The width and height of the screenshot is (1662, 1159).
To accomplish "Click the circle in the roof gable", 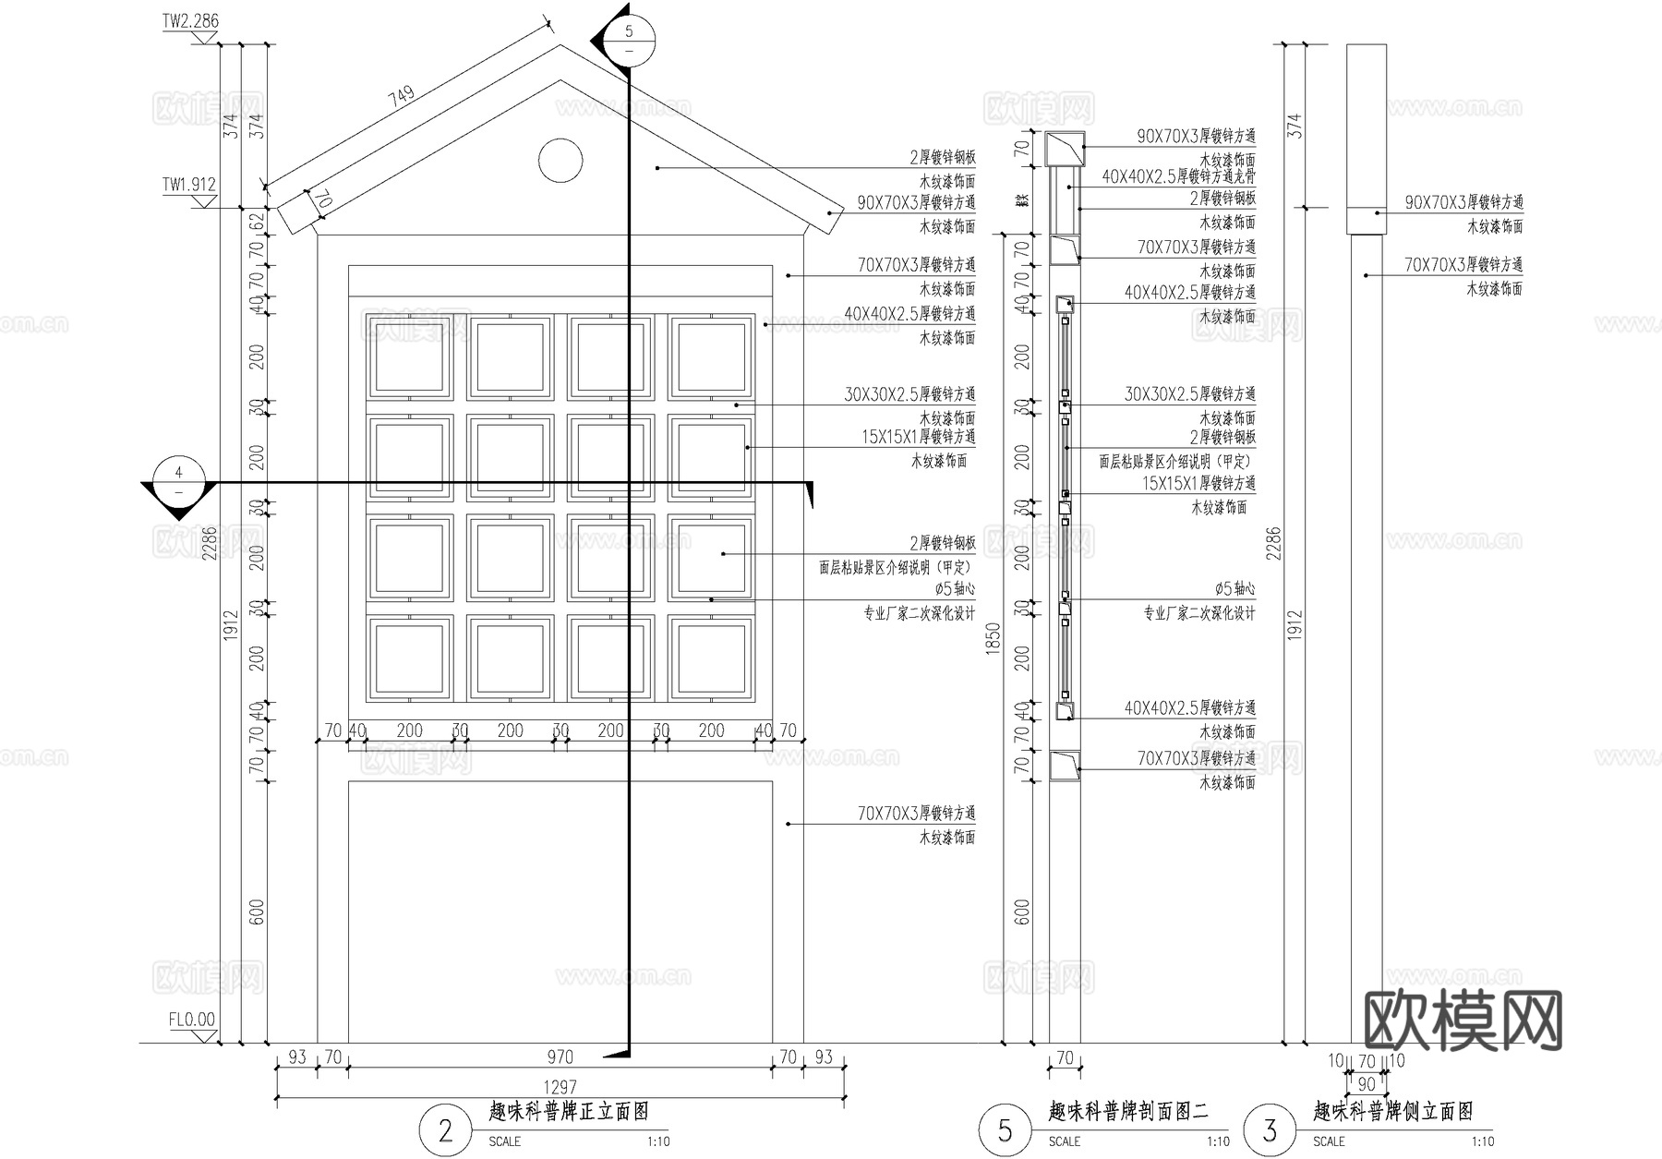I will (x=560, y=162).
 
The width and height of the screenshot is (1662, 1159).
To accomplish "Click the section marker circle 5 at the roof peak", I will (x=629, y=41).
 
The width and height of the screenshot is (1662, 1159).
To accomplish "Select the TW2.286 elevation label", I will (x=191, y=21).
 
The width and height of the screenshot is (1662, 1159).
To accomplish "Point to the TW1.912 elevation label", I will (x=189, y=185).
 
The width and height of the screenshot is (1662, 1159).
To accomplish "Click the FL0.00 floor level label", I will (x=192, y=1020).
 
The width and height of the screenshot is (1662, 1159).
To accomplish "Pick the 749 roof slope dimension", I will (x=403, y=97).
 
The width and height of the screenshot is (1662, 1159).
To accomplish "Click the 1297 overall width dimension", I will (x=560, y=1088).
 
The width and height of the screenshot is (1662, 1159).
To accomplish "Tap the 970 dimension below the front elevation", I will (x=560, y=1057).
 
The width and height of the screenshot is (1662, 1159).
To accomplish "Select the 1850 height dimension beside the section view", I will (x=994, y=639).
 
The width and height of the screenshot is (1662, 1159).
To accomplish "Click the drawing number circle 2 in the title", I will (x=446, y=1130).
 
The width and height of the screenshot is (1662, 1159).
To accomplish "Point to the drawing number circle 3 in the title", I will (x=1271, y=1130).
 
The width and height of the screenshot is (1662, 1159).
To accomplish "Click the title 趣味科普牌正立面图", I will (x=569, y=1111).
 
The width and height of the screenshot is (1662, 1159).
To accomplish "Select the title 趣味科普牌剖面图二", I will (x=1128, y=1111).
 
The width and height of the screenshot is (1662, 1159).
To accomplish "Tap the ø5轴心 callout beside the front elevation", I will (x=955, y=588).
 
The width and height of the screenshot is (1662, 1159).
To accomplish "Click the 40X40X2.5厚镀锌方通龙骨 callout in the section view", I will (x=1178, y=175).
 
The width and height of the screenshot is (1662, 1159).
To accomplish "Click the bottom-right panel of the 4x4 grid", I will (x=711, y=658).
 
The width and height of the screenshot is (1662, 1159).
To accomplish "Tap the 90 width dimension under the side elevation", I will (x=1367, y=1084).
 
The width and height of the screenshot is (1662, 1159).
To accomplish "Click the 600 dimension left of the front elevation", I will (x=258, y=912).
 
